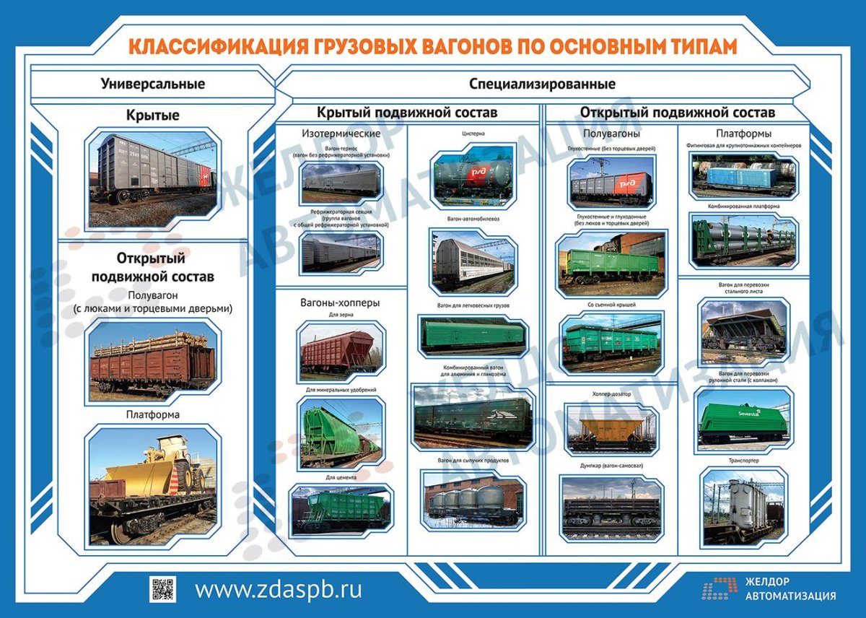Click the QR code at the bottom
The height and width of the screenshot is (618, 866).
tap(162, 588)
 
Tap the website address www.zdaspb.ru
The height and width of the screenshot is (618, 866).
tap(278, 589)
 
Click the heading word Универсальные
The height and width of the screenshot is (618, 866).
tap(152, 84)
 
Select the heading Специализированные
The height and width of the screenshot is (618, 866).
tap(542, 84)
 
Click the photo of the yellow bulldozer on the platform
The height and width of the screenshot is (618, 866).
tap(152, 484)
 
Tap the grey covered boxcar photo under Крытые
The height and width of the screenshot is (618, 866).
tap(152, 177)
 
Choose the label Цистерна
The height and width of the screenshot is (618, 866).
tap(473, 134)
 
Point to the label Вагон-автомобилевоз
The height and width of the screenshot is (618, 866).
tap(473, 217)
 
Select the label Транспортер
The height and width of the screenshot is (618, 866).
tap(744, 460)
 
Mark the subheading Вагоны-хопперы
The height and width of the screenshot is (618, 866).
tap(339, 303)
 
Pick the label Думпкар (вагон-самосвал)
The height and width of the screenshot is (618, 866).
tap(610, 466)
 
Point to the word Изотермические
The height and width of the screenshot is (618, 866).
tap(341, 134)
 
